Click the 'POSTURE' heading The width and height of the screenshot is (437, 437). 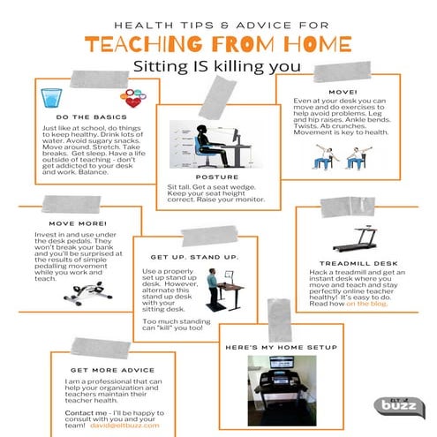pyautogui.click(x=217, y=177)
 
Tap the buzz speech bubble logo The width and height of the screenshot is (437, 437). pyautogui.click(x=397, y=408)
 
